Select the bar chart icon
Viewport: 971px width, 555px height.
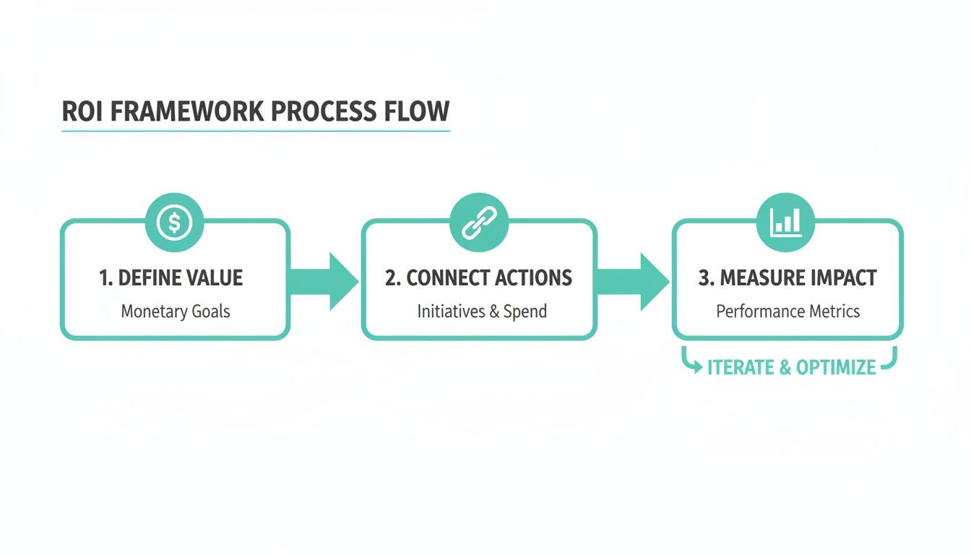point(786,222)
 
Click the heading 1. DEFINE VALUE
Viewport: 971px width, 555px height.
point(171,278)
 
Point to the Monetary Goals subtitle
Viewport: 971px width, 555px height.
point(175,311)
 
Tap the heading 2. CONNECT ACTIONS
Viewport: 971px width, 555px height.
point(478,278)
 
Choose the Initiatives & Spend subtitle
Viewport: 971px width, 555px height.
point(482,311)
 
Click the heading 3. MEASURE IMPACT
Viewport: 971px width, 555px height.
point(787,278)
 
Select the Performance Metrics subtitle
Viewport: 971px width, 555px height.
point(787,311)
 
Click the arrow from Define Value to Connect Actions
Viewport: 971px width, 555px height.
point(325,281)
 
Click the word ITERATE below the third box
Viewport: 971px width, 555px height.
point(741,367)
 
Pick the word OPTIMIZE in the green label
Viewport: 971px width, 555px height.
point(836,367)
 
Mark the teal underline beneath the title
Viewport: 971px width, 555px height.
point(256,132)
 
